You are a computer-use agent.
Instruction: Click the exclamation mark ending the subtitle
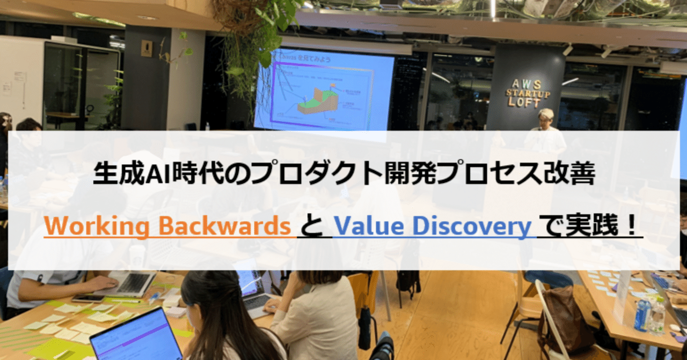[632, 226]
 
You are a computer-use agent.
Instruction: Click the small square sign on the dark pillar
[146, 49]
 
